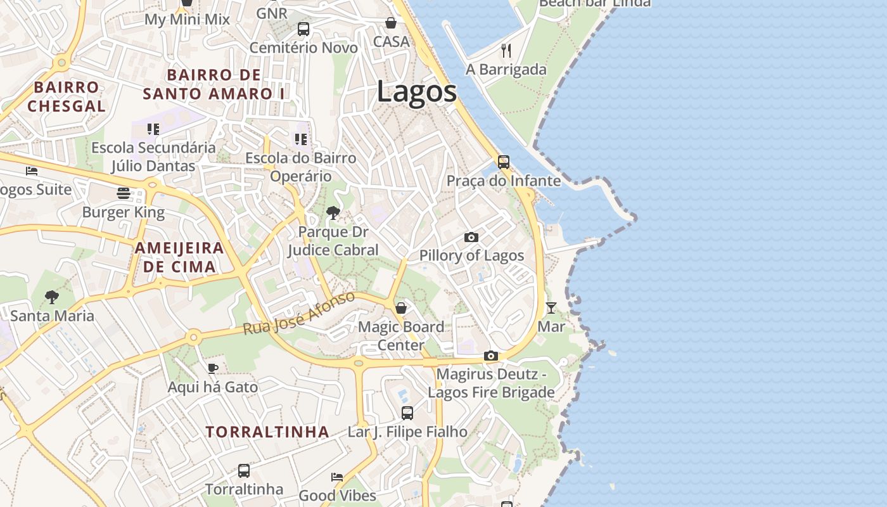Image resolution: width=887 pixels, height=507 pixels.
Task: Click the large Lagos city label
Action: (x=416, y=92)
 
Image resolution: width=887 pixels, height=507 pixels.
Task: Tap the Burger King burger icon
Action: (x=124, y=193)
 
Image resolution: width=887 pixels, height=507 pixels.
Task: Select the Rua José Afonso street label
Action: (x=298, y=314)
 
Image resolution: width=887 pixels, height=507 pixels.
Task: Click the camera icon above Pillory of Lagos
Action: (x=471, y=237)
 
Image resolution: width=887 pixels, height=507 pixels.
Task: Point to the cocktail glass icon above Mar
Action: (x=551, y=308)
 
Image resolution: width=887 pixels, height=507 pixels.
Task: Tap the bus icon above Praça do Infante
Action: (x=504, y=162)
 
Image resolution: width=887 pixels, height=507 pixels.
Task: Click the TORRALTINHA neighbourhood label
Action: (x=267, y=432)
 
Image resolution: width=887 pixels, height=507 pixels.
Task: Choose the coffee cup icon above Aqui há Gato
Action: (x=213, y=368)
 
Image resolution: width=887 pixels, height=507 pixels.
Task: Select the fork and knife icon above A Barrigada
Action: (x=506, y=51)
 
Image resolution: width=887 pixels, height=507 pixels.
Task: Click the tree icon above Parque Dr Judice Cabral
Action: (x=333, y=213)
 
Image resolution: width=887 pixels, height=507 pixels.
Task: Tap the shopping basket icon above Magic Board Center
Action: (x=401, y=308)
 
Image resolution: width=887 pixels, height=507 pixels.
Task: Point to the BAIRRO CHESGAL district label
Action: (x=67, y=96)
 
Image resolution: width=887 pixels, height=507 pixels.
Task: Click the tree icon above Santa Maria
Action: (x=52, y=297)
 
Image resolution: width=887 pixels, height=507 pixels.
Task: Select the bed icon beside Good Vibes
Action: (x=337, y=477)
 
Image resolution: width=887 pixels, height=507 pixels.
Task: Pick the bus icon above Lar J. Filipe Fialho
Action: (x=407, y=413)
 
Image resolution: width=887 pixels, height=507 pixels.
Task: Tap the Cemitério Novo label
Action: (x=303, y=48)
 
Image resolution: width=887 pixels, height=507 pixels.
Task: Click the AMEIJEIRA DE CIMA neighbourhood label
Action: (x=179, y=257)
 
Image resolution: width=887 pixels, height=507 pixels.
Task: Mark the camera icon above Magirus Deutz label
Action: (x=491, y=356)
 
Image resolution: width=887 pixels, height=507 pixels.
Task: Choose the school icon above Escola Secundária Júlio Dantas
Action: (x=153, y=129)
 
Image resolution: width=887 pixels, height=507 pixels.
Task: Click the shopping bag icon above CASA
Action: (x=391, y=23)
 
